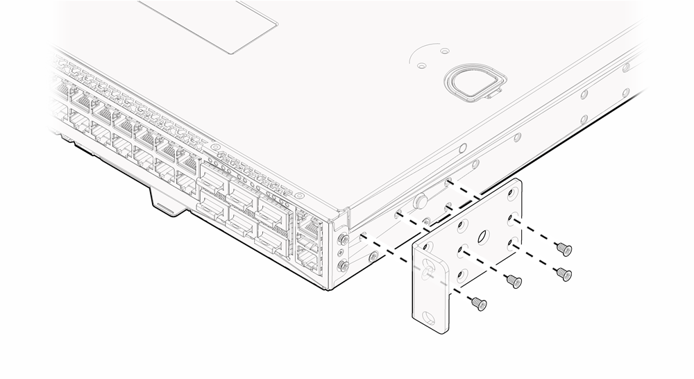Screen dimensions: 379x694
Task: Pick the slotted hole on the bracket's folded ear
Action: coord(428,269)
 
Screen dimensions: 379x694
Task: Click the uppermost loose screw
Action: coord(564,247)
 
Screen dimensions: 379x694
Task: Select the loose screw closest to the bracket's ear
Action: coord(477,303)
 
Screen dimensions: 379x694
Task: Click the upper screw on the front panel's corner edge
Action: coord(343,240)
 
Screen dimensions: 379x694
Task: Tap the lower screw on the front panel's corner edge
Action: coord(342,266)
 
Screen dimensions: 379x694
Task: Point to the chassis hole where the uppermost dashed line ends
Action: coord(450,182)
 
